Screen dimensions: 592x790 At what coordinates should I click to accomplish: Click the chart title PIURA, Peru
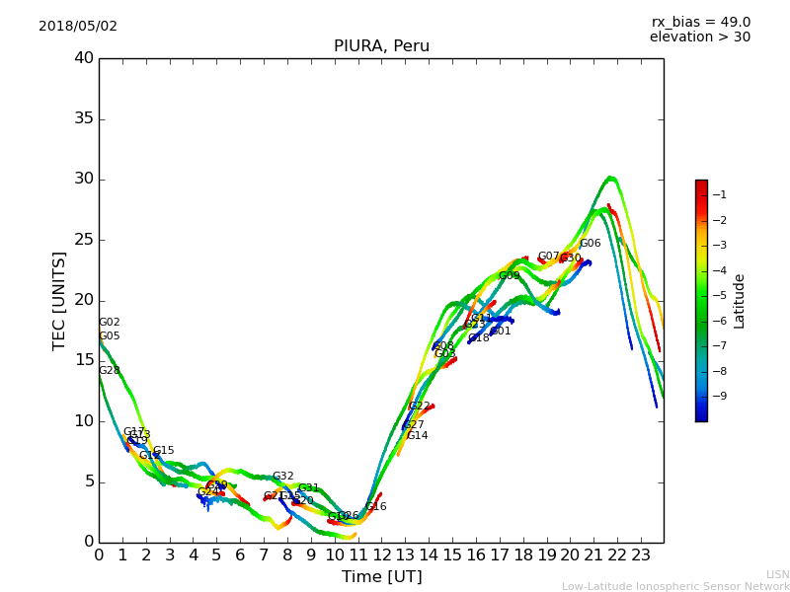381,46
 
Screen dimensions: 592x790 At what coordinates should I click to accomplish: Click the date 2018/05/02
78,27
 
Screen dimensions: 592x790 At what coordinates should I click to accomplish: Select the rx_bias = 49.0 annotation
700,23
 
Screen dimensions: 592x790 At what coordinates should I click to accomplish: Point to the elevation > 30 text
699,37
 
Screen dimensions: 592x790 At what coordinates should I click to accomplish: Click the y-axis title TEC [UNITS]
60,301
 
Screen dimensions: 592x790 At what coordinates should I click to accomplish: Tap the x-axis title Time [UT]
381,577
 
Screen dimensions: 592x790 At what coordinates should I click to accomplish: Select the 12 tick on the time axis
381,555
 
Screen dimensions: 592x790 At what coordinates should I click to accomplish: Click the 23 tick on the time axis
641,555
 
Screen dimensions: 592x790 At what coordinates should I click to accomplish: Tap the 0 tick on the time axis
99,555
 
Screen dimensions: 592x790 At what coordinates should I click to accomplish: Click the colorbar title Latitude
740,301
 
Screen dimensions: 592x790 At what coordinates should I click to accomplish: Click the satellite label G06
590,244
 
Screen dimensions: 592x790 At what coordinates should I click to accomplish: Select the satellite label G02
109,323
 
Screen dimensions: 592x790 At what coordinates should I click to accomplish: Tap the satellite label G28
109,371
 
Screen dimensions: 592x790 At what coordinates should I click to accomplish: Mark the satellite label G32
283,477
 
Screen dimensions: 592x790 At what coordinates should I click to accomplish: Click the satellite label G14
417,436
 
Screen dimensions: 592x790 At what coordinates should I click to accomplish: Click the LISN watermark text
777,574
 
